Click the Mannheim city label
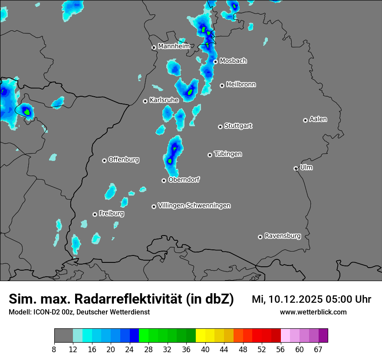point(174,46)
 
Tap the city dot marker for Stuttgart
point(221,127)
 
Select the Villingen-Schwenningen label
point(194,206)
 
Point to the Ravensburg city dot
point(260,237)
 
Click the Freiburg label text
point(112,213)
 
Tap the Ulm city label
point(306,167)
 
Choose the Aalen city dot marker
point(306,120)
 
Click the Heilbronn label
point(241,85)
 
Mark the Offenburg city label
point(124,160)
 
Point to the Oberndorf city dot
point(164,180)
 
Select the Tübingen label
point(228,154)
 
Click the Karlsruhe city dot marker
point(145,101)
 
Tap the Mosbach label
point(233,61)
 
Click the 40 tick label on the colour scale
point(205,350)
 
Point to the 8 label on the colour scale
point(54,350)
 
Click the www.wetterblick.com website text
point(313,312)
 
